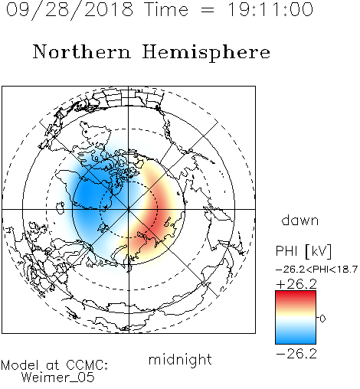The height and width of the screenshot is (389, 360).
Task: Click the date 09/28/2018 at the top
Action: pos(70,10)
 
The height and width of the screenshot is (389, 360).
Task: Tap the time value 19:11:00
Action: pos(270,9)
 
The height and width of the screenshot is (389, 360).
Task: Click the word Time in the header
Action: pos(166,9)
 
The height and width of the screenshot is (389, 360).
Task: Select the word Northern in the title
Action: pos(82,51)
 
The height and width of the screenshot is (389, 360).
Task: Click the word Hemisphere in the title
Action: pos(206,53)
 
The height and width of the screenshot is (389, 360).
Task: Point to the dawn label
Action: pos(300,220)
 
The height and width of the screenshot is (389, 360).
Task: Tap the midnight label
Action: pos(180,359)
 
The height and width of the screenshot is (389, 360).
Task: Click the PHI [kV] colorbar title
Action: pos(303,251)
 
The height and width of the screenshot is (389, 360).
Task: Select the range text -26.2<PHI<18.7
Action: pos(316,270)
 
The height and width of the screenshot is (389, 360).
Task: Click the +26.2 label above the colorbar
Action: pos(296,284)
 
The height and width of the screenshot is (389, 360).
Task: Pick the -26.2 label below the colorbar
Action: pos(296,354)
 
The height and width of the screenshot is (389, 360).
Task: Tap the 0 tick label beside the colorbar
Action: pos(322,319)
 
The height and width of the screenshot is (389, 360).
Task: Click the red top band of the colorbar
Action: pos(296,296)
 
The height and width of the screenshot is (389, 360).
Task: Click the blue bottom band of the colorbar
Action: pos(296,338)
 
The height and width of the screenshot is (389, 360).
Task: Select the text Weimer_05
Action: pos(58,378)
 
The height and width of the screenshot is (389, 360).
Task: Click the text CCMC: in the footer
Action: pos(87,365)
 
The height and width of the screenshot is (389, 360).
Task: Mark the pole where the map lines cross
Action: pos(129,209)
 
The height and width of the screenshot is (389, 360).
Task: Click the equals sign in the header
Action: pos(208,10)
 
